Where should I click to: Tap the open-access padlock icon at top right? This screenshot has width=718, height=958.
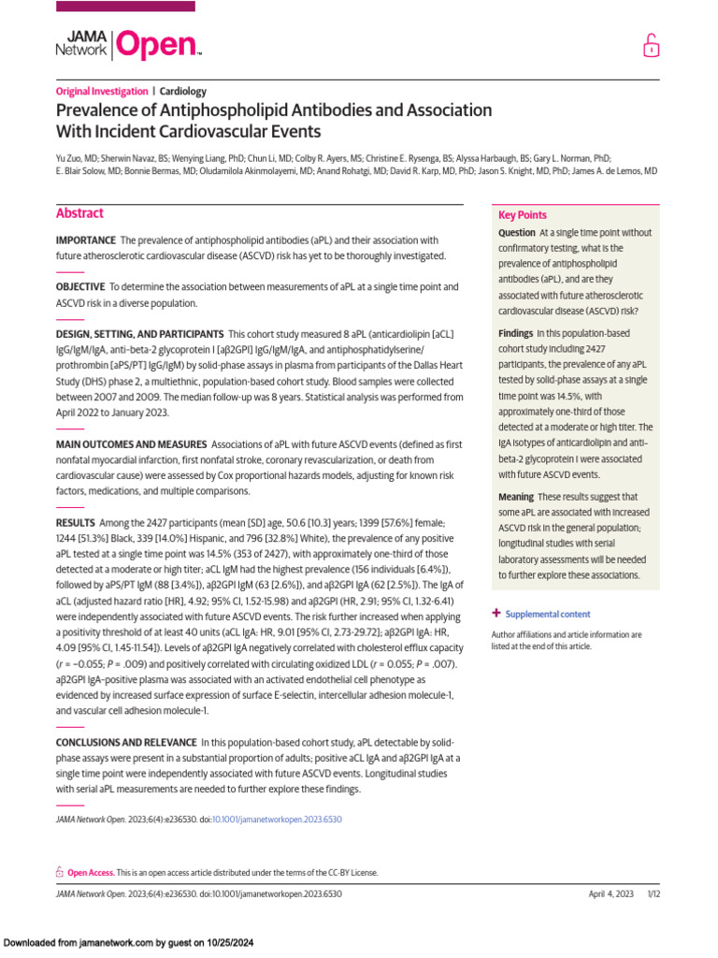[650, 46]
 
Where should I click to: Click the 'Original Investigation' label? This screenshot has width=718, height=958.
[102, 92]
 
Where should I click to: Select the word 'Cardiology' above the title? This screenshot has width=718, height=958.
[183, 92]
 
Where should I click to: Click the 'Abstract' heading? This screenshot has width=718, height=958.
[79, 213]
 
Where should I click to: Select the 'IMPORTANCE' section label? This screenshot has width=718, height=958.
[86, 240]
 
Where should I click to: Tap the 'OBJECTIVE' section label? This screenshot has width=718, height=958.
[79, 287]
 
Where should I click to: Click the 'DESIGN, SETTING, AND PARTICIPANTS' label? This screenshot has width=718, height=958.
[139, 334]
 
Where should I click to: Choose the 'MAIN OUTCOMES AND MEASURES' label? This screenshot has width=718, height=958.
[131, 443]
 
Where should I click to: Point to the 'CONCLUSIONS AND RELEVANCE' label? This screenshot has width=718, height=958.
[126, 742]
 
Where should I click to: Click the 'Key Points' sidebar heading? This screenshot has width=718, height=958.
[523, 215]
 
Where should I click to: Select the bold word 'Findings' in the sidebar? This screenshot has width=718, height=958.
[515, 333]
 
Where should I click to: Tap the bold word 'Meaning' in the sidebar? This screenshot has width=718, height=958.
[516, 497]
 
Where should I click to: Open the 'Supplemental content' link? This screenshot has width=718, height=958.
[548, 614]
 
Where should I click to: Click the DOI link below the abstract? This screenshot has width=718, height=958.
[277, 819]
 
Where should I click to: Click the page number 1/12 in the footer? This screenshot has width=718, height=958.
[653, 893]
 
